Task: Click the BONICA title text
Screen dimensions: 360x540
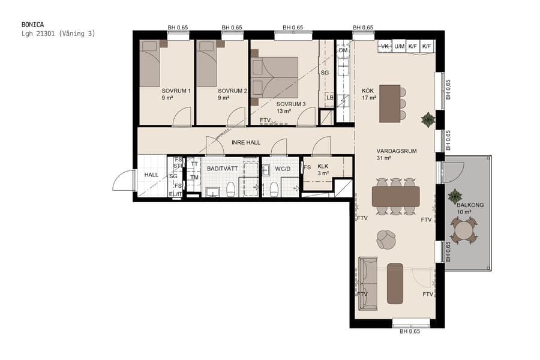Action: click(32, 25)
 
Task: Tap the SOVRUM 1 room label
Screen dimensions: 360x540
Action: click(176, 91)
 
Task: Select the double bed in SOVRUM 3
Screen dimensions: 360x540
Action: click(275, 77)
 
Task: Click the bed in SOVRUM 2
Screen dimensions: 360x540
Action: click(207, 64)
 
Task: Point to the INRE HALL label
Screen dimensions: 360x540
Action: click(246, 142)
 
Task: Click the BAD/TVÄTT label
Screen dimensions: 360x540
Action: click(223, 169)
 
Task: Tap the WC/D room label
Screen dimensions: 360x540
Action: click(283, 169)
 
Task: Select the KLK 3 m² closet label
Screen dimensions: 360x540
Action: click(323, 169)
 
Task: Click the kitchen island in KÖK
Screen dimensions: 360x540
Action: click(389, 103)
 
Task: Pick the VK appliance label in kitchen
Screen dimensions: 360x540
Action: click(385, 46)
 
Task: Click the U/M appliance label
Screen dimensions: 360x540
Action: click(399, 46)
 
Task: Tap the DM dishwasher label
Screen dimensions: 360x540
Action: click(343, 50)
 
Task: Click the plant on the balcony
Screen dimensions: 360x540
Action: click(455, 195)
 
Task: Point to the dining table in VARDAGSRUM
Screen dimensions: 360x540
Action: click(395, 196)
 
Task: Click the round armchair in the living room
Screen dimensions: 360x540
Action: click(386, 239)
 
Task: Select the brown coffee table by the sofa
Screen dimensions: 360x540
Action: click(395, 283)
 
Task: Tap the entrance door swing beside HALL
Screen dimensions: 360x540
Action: click(125, 180)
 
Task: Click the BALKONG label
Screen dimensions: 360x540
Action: click(470, 205)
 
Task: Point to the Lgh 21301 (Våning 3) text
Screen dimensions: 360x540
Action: click(58, 34)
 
